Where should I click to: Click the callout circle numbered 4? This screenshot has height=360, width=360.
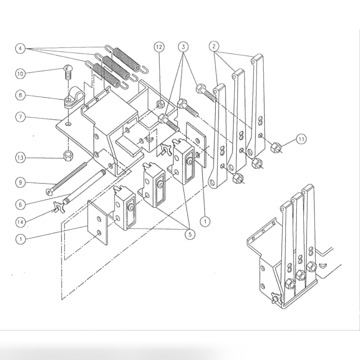[20, 49]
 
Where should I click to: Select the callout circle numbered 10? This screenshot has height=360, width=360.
[20, 74]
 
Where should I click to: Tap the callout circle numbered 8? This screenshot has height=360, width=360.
[20, 95]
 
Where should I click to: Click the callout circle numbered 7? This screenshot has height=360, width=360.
[20, 117]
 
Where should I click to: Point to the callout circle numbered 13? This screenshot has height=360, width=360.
[20, 158]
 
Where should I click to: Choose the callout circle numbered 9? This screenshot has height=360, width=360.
[20, 182]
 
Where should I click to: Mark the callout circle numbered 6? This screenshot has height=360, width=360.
[20, 204]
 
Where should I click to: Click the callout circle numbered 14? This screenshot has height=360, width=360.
[20, 222]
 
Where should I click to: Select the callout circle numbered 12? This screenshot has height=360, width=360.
[159, 47]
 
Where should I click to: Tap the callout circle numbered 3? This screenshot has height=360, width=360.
[183, 47]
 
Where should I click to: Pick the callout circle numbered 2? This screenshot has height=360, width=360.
[214, 46]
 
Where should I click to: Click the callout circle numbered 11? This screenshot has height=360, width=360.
[301, 139]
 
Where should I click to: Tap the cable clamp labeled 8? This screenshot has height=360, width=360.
[71, 97]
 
